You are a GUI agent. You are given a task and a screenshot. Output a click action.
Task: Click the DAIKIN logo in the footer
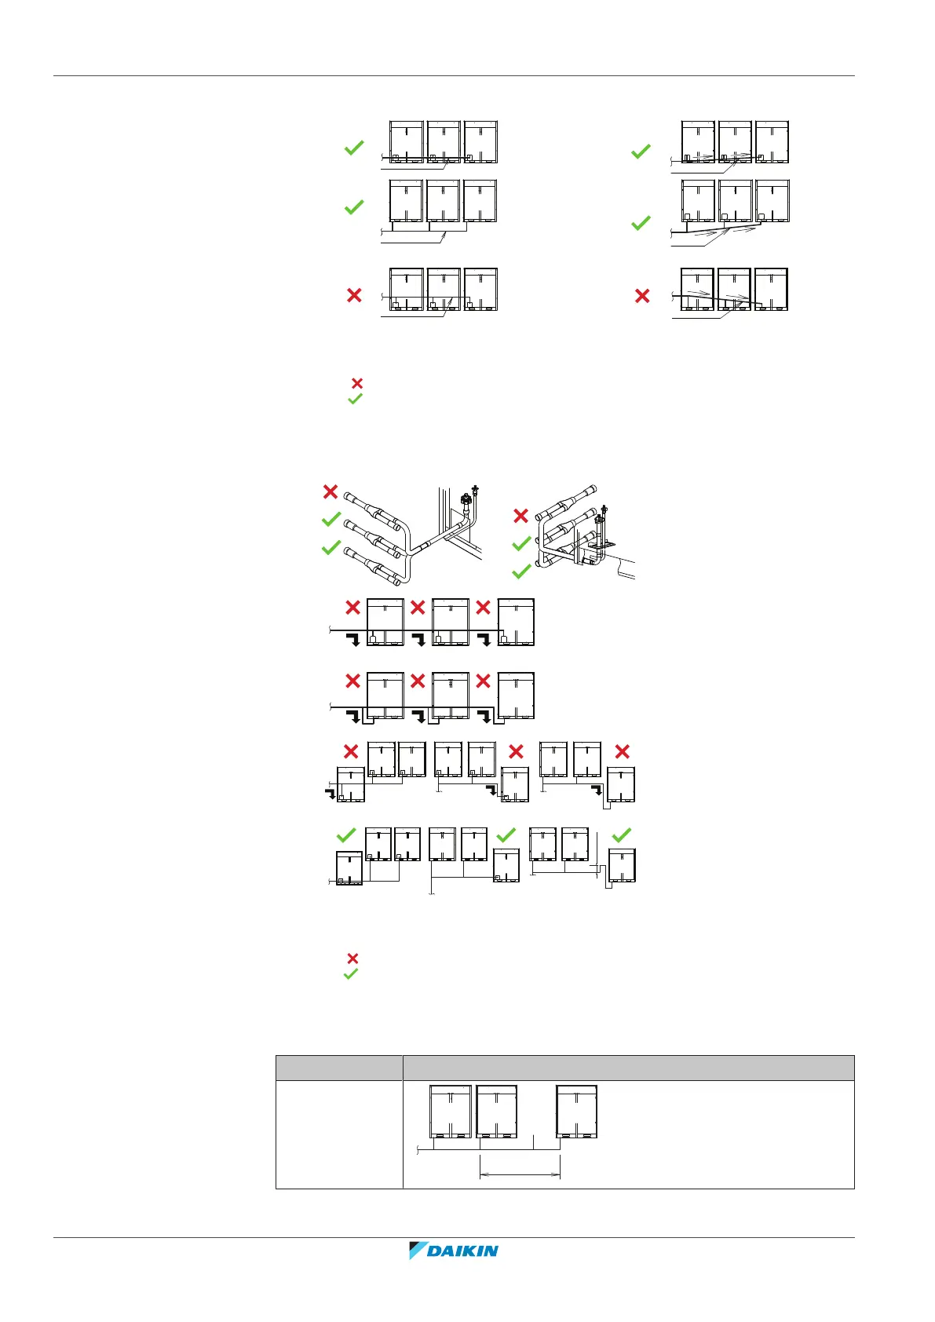pos(454,1251)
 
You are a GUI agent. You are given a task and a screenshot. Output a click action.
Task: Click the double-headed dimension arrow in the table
pos(520,1174)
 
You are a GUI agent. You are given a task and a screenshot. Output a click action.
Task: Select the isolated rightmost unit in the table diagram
pos(577,1111)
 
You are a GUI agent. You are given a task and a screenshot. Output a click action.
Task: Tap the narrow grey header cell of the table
pos(339,1068)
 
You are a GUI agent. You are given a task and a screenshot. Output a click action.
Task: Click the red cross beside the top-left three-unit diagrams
pos(354,295)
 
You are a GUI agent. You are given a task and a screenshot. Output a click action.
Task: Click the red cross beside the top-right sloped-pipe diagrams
pos(642,296)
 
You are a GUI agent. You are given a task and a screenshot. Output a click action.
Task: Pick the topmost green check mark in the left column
pos(354,147)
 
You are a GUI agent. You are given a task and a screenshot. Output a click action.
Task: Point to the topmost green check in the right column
pos(641,151)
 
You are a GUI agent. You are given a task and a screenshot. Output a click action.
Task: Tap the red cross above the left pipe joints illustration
pos(331,491)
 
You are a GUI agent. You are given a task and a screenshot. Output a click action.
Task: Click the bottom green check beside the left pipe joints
pos(331,547)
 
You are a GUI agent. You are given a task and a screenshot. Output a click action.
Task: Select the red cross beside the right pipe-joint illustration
pos(520,516)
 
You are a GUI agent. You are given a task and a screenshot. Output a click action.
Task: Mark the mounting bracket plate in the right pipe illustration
pos(601,543)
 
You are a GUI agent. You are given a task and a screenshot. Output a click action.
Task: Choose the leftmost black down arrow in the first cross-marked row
pos(354,639)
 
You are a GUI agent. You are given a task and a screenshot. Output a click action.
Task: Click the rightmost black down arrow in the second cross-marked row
pos(484,716)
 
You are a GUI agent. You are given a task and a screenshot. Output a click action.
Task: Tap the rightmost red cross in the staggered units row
pos(623,751)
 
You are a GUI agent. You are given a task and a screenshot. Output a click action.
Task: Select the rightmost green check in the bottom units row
pos(621,835)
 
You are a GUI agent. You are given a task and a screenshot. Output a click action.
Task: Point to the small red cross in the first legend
pos(356,383)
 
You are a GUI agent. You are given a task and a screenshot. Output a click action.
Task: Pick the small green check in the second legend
pos(351,974)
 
